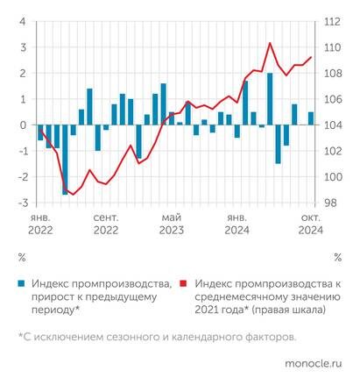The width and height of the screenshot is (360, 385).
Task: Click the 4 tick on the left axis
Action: click(23, 22)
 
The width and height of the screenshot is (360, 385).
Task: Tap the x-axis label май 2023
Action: click(171, 223)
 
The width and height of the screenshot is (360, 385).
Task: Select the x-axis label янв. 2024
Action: click(236, 223)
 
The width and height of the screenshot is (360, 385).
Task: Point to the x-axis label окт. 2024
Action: click(309, 223)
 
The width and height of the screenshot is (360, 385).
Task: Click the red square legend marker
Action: click(184, 285)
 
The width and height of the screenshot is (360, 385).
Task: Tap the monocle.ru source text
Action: click(314, 360)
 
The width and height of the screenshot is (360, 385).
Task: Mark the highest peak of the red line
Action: click(270, 43)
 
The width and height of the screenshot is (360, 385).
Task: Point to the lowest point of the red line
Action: click(74, 194)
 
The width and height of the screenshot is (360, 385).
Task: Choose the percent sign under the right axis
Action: click(337, 258)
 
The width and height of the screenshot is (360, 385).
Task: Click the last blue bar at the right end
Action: click(310, 118)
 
